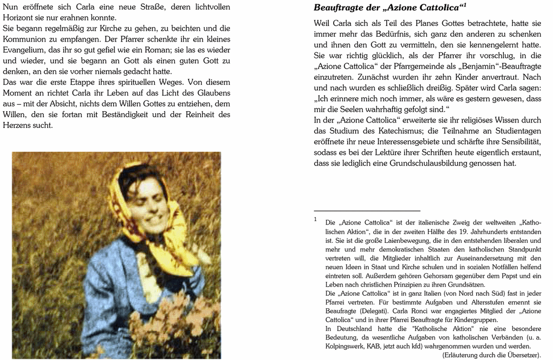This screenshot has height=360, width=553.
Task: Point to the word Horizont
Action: coord(20,18)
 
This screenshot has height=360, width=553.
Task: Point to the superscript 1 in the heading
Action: coord(464,5)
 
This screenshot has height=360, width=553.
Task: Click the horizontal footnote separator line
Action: coord(367,210)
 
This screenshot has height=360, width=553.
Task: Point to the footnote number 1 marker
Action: coord(315,219)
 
